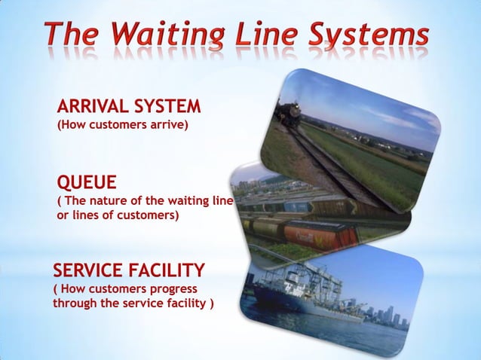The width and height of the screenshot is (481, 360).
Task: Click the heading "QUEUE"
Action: pyautogui.click(x=87, y=183)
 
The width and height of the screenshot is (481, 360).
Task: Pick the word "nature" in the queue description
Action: pyautogui.click(x=124, y=201)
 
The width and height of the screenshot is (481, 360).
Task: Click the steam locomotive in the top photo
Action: pyautogui.click(x=287, y=114)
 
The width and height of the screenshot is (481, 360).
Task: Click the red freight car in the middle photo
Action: pyautogui.click(x=320, y=233)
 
